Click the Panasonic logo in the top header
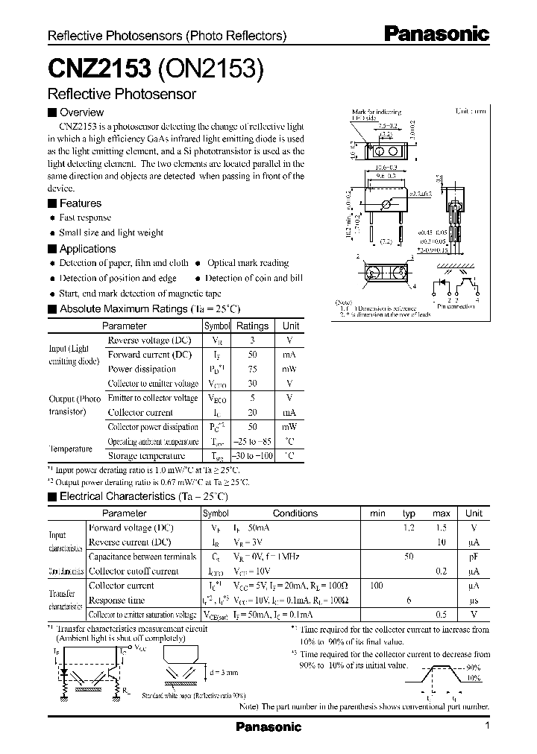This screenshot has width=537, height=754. click(436, 34)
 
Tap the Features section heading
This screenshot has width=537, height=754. click(80, 203)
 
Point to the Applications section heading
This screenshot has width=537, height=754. click(87, 249)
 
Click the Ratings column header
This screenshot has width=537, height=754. click(252, 326)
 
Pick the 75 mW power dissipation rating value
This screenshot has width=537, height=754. click(252, 369)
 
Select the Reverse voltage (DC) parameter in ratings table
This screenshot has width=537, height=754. click(149, 340)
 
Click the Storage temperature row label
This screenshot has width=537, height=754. click(146, 455)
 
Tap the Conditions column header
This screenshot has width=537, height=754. click(295, 513)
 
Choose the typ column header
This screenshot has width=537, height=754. click(409, 513)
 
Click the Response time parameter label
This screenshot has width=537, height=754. click(116, 600)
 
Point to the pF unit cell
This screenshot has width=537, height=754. click(474, 557)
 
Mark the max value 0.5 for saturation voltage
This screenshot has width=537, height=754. click(442, 615)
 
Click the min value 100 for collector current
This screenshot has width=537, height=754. click(377, 586)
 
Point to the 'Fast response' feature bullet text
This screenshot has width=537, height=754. click(85, 218)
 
